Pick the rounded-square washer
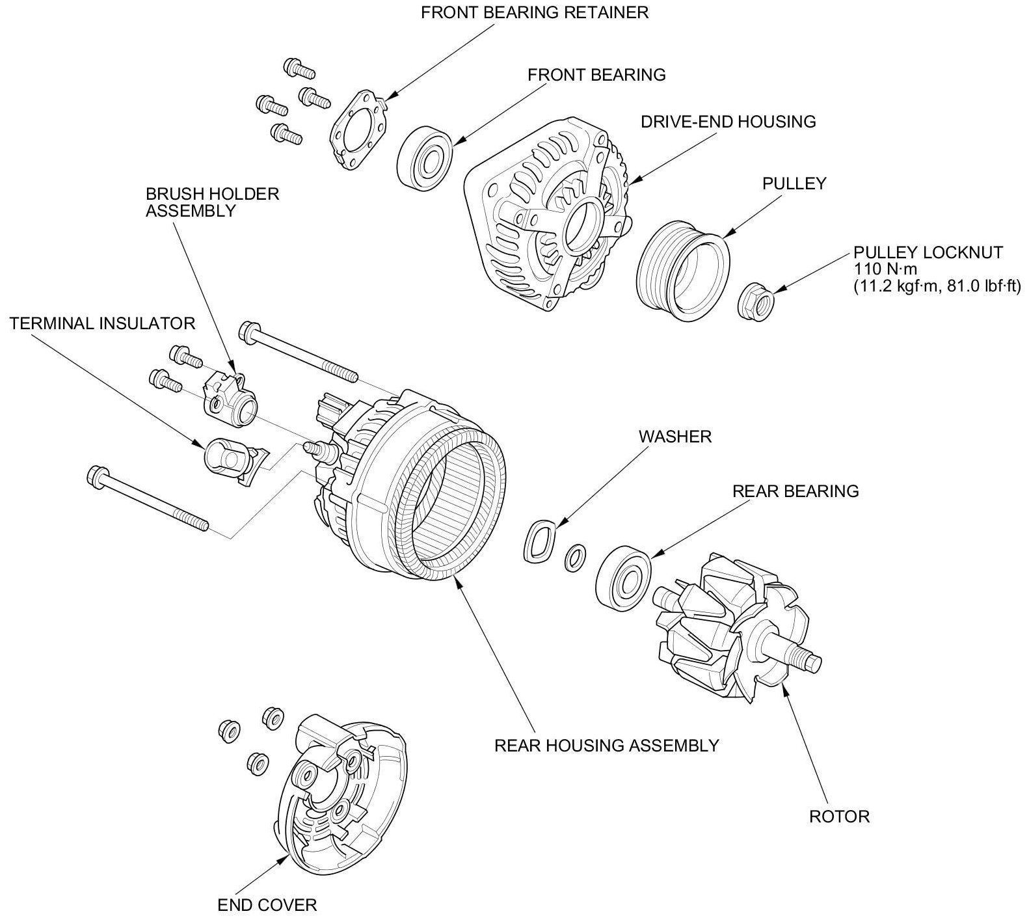[541, 541]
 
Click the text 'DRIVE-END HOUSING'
[728, 122]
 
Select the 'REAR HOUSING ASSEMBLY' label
[606, 746]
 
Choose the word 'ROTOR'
[838, 816]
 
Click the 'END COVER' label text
[267, 904]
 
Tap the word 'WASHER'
[675, 437]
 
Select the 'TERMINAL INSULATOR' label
[102, 323]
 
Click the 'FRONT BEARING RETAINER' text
[534, 13]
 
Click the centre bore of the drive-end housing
[584, 225]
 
